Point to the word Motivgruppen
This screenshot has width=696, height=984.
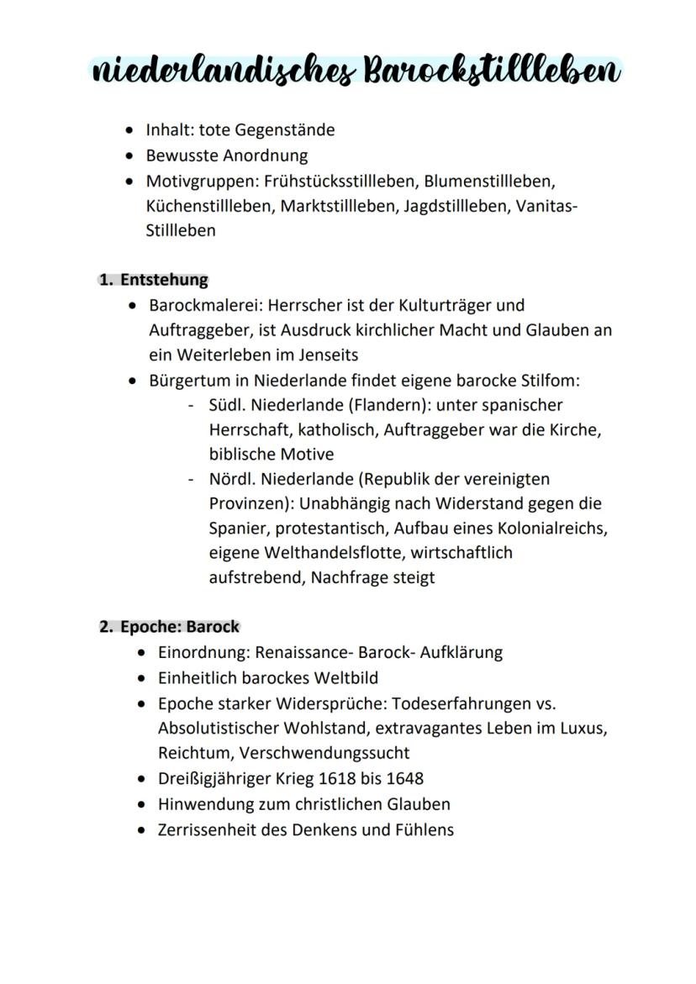click(202, 181)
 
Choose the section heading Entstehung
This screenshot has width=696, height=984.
click(164, 279)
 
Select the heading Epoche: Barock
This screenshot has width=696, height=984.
click(179, 627)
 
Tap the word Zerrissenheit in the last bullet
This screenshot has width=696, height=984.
click(208, 829)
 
